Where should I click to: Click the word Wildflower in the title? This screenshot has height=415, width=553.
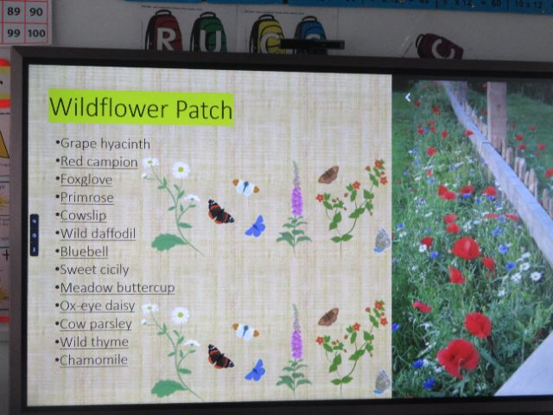tap(109, 107)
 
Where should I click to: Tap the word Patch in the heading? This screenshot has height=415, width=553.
tap(204, 109)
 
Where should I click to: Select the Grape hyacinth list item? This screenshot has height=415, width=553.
tap(105, 144)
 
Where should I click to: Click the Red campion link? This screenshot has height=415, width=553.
tap(99, 162)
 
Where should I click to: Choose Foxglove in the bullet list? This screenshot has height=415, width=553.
tap(86, 180)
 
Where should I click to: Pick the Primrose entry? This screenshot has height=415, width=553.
tap(86, 198)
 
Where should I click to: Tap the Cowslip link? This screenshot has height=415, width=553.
tap(83, 215)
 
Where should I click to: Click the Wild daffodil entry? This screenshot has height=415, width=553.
tap(98, 233)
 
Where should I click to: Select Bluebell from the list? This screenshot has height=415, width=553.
tap(84, 252)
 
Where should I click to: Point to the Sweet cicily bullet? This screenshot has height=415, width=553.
tap(94, 270)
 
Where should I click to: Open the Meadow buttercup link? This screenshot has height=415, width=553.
tap(118, 288)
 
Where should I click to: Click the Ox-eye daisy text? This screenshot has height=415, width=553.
tap(98, 305)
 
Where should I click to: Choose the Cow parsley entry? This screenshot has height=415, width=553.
tap(96, 324)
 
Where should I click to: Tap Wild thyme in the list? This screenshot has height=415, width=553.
tap(94, 342)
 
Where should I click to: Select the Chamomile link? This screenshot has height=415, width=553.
tap(93, 360)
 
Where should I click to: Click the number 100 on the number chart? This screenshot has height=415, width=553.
tap(36, 33)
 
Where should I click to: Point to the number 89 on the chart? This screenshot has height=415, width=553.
tap(14, 11)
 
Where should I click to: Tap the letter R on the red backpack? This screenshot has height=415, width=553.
tap(165, 41)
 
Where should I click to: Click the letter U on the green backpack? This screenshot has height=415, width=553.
tap(209, 41)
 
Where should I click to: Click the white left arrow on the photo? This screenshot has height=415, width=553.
tap(408, 98)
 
